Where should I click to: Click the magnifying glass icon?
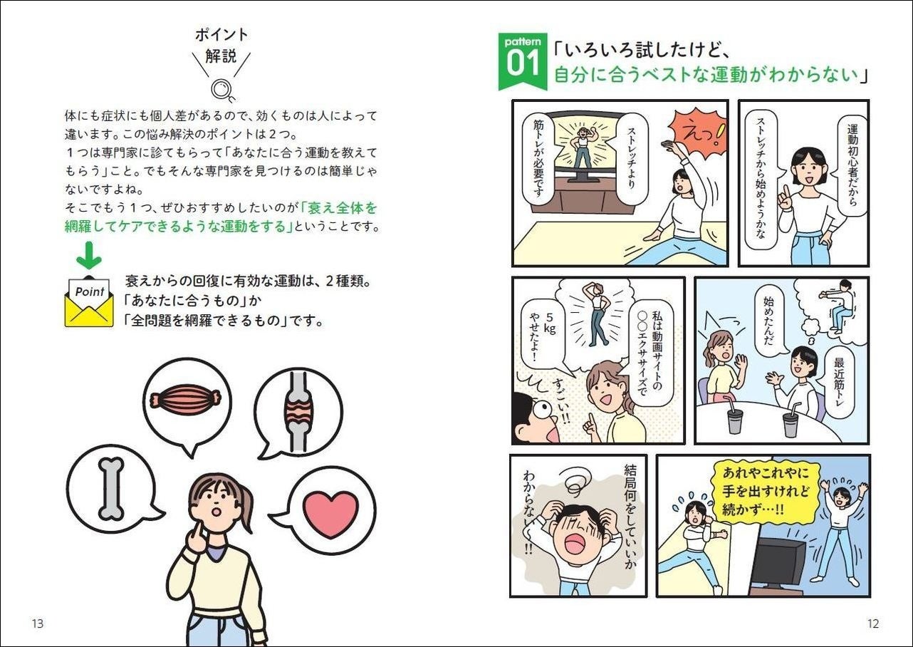tap(221, 90)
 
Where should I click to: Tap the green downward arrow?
tap(89, 255)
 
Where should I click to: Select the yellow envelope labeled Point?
tap(89, 302)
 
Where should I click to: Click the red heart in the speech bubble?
tap(331, 514)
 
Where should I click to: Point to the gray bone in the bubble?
tap(111, 488)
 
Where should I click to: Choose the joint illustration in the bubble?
tap(299, 411)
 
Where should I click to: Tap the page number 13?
tap(37, 623)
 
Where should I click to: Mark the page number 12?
tap(873, 623)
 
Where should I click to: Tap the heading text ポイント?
tap(221, 35)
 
